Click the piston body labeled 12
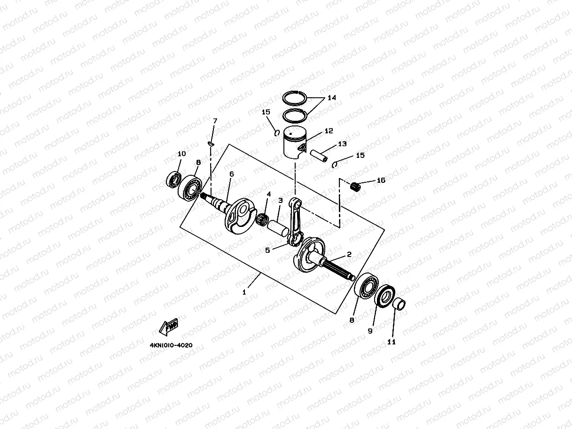(295, 143)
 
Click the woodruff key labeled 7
(211, 143)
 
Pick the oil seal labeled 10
(174, 179)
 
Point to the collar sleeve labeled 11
(399, 304)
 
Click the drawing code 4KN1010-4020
(171, 345)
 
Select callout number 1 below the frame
(244, 292)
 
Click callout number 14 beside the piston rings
(331, 98)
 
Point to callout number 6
(231, 174)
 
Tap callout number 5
(267, 250)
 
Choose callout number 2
(349, 254)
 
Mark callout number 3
(280, 200)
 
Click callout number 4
(268, 194)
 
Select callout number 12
(328, 131)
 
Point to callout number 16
(381, 180)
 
